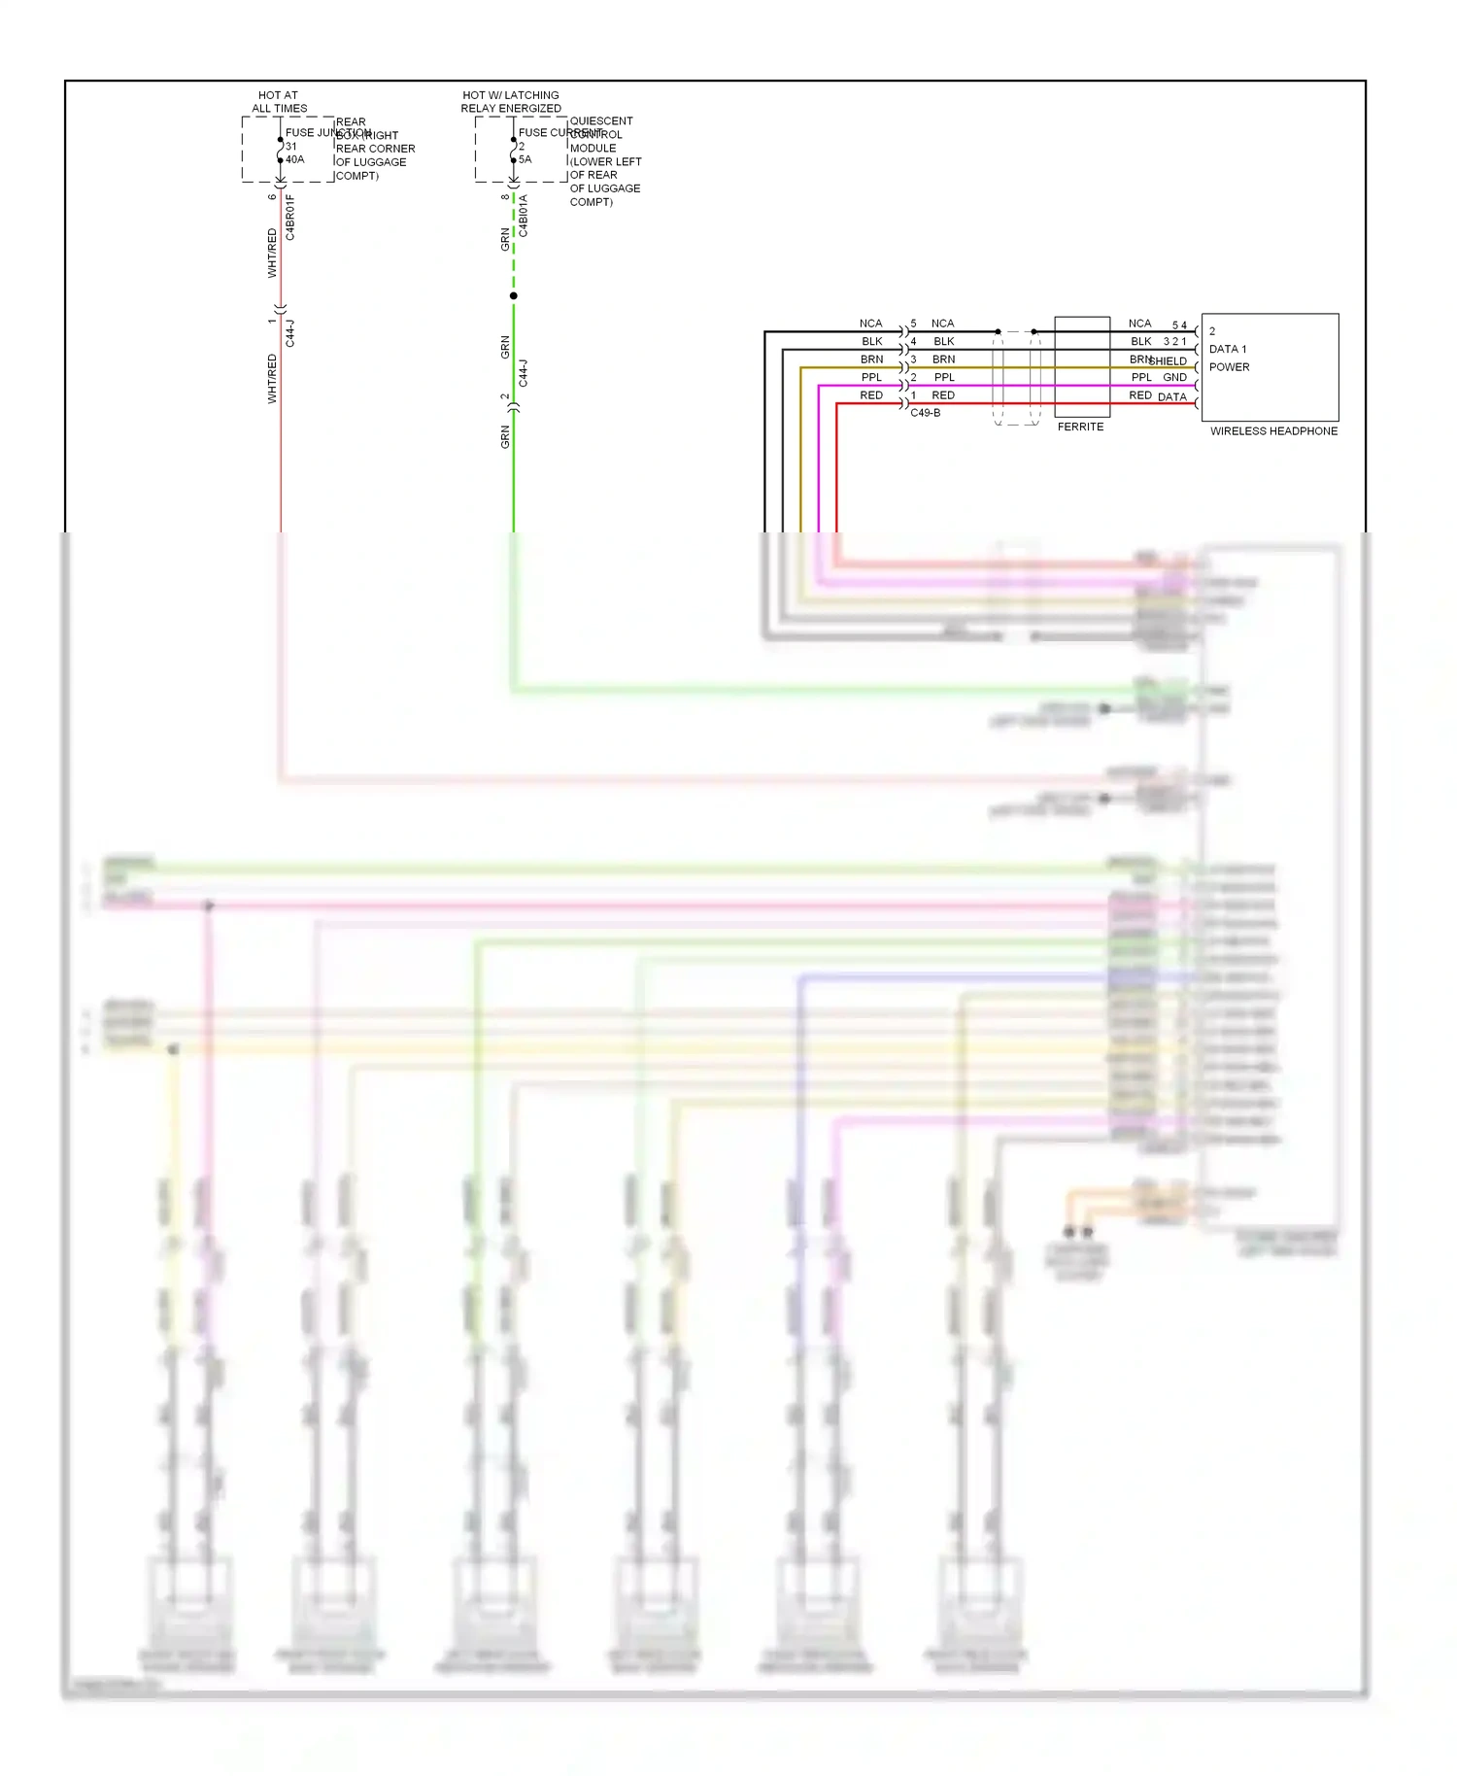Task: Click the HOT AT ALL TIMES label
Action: click(279, 102)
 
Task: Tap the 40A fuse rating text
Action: click(295, 159)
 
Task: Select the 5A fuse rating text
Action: click(525, 159)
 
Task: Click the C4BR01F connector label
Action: click(290, 218)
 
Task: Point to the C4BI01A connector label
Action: click(524, 216)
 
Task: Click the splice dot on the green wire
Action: click(514, 295)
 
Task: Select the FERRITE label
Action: click(1080, 427)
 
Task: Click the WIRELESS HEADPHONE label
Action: click(1273, 431)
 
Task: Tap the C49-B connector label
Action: click(925, 413)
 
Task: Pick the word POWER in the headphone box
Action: click(1229, 367)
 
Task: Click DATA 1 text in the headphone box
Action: click(1228, 349)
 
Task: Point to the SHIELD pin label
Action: click(1169, 361)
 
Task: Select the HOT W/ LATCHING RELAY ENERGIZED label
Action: click(511, 102)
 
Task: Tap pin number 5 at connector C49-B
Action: click(913, 324)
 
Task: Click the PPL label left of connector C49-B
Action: click(871, 377)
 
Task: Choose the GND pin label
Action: click(1174, 377)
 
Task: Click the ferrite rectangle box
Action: click(1082, 366)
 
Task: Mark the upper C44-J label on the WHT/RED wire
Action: click(290, 333)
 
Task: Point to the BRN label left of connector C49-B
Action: click(871, 359)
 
